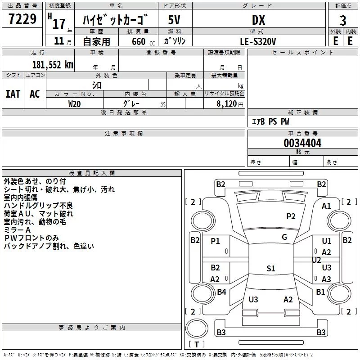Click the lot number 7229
pyautogui.click(x=22, y=19)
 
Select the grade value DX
pyautogui.click(x=258, y=20)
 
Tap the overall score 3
pyautogui.click(x=343, y=21)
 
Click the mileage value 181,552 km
pyautogui.click(x=53, y=65)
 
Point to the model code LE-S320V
pyautogui.click(x=258, y=41)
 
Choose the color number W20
pyautogui.click(x=74, y=104)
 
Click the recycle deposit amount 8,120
pyautogui.click(x=227, y=104)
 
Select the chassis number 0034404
pyautogui.click(x=302, y=143)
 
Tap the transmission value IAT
pyautogui.click(x=13, y=94)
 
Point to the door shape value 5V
pyautogui.click(x=174, y=20)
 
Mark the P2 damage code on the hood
pyautogui.click(x=291, y=216)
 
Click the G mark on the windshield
pyautogui.click(x=284, y=237)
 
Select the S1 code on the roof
pyautogui.click(x=271, y=268)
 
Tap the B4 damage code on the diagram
pyautogui.click(x=221, y=292)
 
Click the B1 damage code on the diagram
pyautogui.click(x=320, y=292)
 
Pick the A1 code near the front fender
pyautogui.click(x=326, y=206)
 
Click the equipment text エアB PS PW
pyautogui.click(x=270, y=121)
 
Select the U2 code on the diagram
pyautogui.click(x=316, y=260)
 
